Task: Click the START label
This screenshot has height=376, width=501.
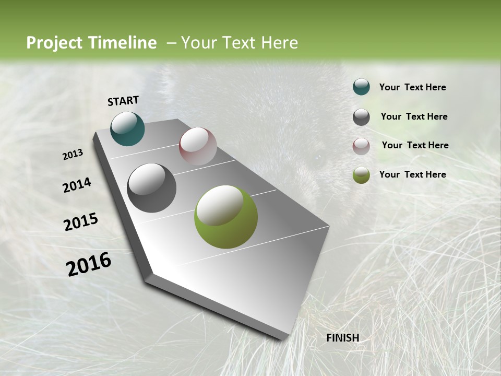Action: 123,101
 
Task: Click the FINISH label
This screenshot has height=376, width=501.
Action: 342,338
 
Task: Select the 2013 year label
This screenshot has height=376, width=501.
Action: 73,155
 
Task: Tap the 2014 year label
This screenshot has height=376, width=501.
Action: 77,185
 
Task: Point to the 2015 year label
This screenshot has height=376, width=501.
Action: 80,222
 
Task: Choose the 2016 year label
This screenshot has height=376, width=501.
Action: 89,264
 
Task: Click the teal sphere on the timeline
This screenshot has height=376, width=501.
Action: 127,128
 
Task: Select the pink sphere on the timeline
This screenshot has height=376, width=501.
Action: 198,146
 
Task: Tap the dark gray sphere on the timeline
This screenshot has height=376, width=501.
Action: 151,188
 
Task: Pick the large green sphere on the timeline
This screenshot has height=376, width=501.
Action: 225,217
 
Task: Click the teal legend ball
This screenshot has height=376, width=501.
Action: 361,87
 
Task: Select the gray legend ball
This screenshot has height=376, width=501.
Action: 361,116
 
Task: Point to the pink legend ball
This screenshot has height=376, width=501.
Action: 361,146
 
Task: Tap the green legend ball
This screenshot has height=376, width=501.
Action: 361,175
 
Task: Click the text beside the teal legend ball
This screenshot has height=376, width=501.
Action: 412,87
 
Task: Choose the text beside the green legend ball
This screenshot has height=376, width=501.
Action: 412,174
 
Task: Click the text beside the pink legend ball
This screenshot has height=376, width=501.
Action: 415,145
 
